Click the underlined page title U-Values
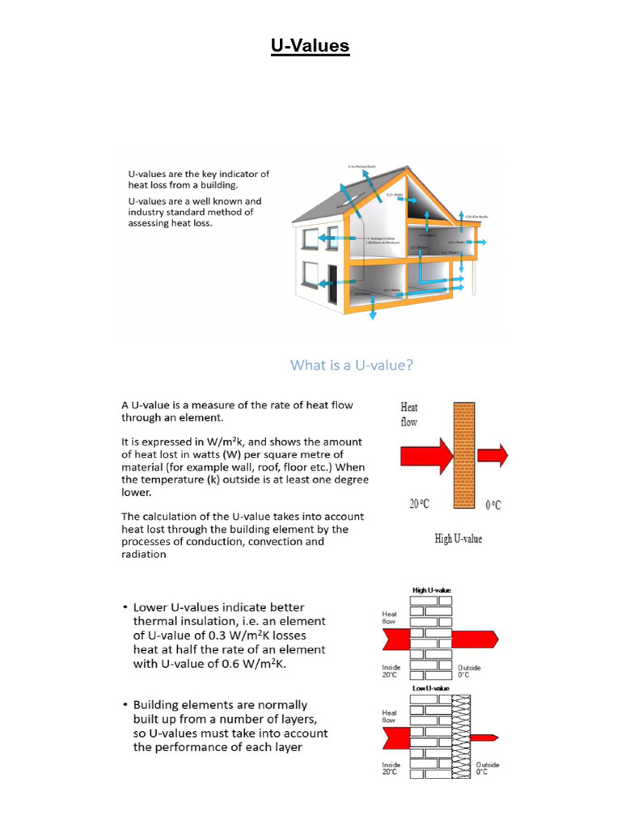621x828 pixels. (310, 46)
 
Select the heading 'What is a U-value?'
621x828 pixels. (352, 365)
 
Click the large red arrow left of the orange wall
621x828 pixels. (428, 456)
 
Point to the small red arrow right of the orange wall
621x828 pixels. (492, 456)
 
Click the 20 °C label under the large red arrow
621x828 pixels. (419, 504)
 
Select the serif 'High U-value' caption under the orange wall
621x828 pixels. (458, 539)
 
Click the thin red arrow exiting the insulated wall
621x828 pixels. (482, 737)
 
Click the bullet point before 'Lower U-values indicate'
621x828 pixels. (124, 607)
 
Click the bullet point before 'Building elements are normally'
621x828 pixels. (124, 706)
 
